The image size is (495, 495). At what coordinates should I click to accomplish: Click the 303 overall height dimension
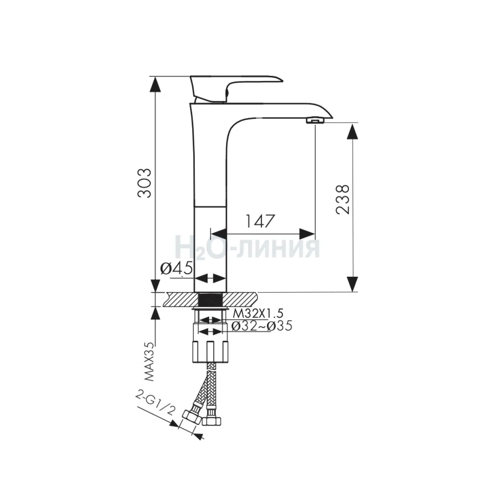144,183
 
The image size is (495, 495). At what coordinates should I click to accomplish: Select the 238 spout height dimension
342,199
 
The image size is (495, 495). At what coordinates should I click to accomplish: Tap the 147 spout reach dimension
261,221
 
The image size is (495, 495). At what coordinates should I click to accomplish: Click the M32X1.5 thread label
258,313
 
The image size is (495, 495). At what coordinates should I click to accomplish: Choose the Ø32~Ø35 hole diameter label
262,326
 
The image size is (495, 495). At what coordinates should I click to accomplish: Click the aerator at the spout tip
316,120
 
